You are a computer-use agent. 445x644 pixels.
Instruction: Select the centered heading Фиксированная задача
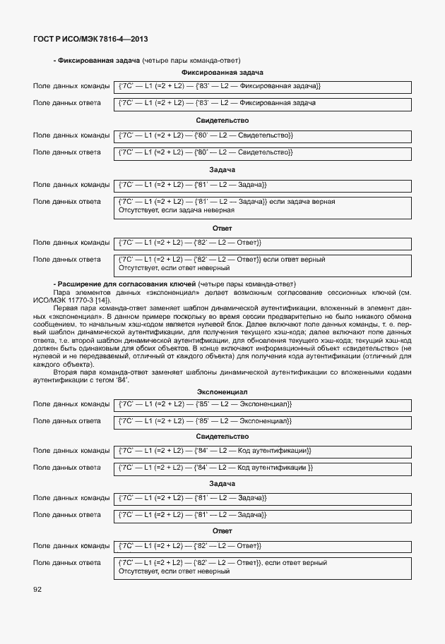point(222,73)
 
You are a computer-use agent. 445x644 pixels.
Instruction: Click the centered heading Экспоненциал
point(222,391)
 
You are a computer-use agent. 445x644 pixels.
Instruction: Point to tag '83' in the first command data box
point(204,86)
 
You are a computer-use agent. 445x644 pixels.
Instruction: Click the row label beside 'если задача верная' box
point(67,202)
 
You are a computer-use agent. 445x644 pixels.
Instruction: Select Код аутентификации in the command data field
point(272,450)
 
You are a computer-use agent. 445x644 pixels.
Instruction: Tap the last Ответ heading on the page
point(222,530)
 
